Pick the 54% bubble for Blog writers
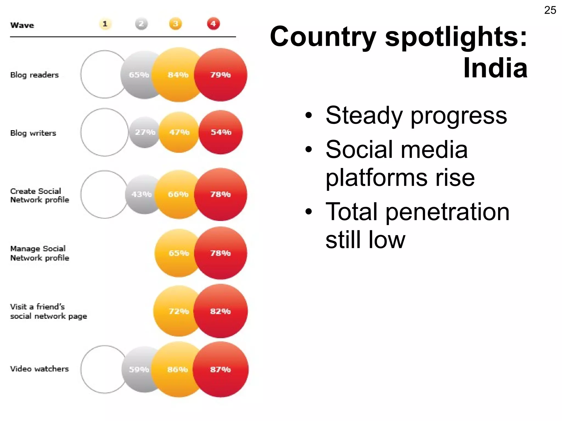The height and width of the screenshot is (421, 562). pos(221,132)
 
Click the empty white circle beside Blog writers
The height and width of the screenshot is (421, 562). pos(104,132)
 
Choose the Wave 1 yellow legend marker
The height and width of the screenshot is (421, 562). pos(105,24)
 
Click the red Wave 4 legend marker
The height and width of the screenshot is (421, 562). pos(213,24)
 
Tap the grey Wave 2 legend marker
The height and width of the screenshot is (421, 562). pos(141,24)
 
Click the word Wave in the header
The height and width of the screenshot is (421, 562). pos(22,25)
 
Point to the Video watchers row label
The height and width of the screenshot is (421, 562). pos(39,369)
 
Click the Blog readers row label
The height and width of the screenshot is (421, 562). pos(34,75)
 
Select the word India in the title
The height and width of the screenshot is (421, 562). pos(495,68)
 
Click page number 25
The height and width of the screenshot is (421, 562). pos(550,10)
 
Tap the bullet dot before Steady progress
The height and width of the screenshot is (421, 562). pos(309,115)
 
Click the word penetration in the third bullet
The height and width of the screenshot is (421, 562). pos(447,212)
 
